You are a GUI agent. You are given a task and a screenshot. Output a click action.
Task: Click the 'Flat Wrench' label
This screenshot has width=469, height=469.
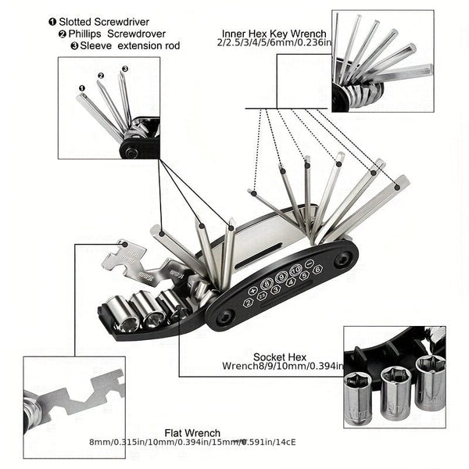pos(192,432)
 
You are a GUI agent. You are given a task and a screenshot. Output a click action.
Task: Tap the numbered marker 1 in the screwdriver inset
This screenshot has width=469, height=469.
pos(82,88)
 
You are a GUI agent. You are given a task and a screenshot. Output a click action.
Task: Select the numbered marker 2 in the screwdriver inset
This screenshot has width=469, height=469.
pos(101,76)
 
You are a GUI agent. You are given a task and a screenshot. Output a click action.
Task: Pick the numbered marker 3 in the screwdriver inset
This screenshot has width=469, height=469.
pos(124,69)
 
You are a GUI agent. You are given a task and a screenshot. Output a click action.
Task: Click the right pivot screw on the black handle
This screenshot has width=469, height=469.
pos(342,261)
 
